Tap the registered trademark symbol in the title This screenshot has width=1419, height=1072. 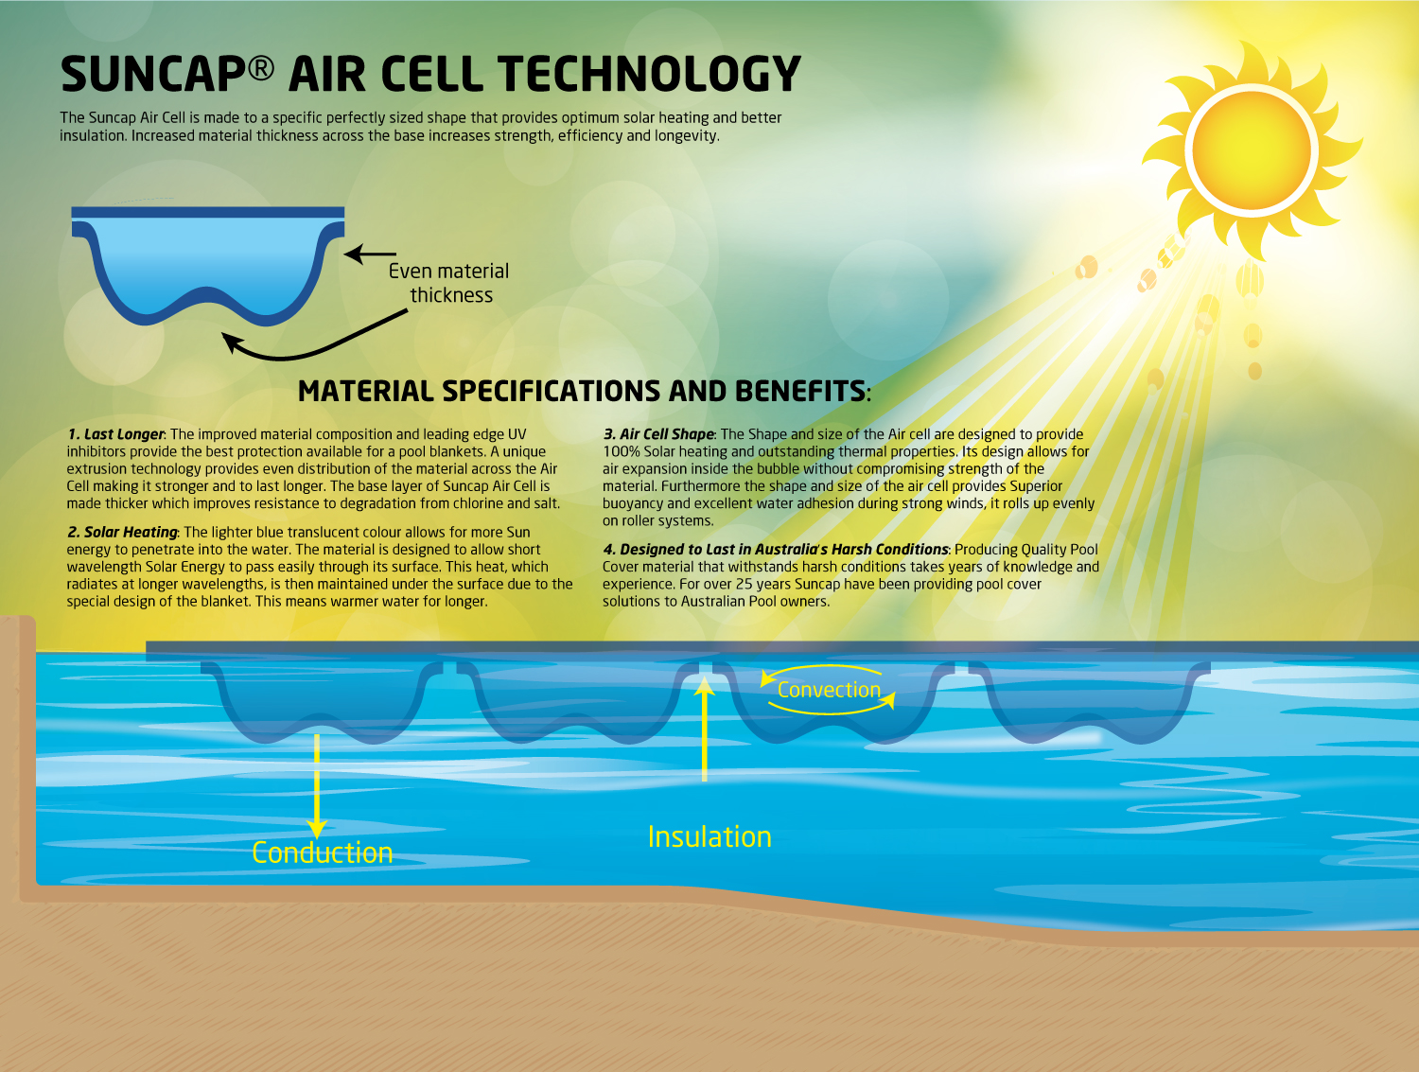262,67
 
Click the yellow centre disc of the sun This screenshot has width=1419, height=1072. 1251,149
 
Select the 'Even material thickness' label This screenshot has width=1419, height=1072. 449,283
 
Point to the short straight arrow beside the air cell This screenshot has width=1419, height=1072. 370,254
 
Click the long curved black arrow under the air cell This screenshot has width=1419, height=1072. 312,342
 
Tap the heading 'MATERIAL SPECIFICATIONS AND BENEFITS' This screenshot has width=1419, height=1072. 583,391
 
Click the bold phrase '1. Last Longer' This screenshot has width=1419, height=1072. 116,434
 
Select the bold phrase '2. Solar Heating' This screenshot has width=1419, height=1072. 123,532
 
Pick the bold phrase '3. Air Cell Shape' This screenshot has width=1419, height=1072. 659,434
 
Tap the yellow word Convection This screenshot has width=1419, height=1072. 829,690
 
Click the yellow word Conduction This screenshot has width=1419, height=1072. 322,852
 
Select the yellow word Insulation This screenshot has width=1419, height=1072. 709,836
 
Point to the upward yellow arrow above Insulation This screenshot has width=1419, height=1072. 704,729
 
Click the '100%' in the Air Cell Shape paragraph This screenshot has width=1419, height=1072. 622,452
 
